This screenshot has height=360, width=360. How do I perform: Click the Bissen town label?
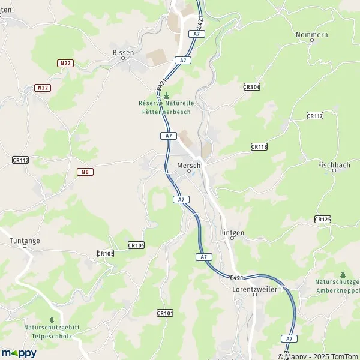(124, 52)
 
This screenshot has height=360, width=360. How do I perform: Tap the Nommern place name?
(312, 35)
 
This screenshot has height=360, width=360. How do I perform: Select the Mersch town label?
(188, 164)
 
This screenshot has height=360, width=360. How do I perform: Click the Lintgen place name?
(232, 232)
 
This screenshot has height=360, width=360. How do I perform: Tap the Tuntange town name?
(25, 241)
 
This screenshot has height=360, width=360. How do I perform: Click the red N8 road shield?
(86, 172)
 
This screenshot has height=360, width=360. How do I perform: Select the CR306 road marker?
(252, 87)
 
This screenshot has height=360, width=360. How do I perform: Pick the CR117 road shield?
(314, 115)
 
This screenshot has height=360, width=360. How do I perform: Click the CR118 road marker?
(259, 146)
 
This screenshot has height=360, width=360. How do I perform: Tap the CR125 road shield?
(322, 220)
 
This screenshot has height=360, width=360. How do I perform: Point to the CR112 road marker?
(20, 160)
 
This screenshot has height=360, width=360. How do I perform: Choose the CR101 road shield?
(164, 313)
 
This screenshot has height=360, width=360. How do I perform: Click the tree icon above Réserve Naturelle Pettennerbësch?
(166, 95)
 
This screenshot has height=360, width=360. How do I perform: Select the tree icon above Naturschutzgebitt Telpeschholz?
(52, 320)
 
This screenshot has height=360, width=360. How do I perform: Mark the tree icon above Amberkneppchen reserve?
(343, 274)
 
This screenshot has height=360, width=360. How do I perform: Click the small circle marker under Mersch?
(188, 171)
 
